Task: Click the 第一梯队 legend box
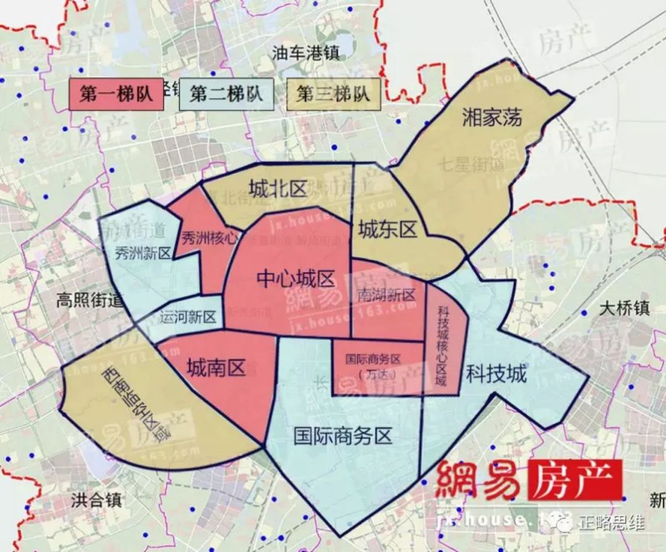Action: [116, 95]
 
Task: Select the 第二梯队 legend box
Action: [226, 94]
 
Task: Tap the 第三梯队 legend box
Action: [334, 94]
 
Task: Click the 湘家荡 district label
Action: [492, 117]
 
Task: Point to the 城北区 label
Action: [278, 189]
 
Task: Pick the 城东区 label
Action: [388, 231]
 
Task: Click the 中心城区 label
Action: [296, 279]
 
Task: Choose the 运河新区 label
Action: [187, 318]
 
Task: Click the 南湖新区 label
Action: [386, 295]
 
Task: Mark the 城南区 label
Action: [216, 368]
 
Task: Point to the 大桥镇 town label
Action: [624, 308]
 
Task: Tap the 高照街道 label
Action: [90, 300]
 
